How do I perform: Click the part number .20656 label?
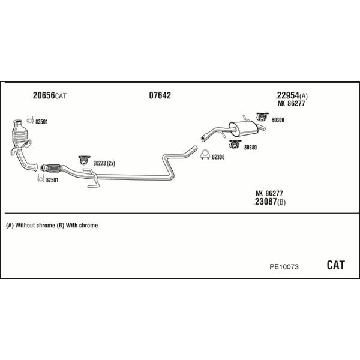pyautogui.click(x=44, y=95)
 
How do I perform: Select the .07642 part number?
pyautogui.click(x=159, y=95)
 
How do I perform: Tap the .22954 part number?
pyautogui.click(x=287, y=95)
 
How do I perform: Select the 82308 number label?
pyautogui.click(x=218, y=157)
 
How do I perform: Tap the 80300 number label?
pyautogui.click(x=278, y=120)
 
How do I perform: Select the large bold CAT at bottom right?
pyautogui.click(x=335, y=265)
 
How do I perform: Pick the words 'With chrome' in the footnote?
pyautogui.click(x=82, y=226)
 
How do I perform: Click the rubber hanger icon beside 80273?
pyautogui.click(x=85, y=160)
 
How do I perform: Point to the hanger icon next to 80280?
pyautogui.click(x=234, y=144)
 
